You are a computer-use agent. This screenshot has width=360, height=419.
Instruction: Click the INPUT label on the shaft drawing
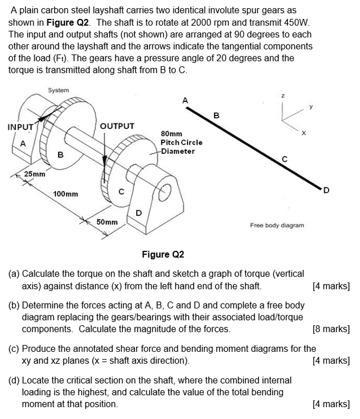20,127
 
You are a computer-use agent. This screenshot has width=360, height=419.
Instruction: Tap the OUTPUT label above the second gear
117,126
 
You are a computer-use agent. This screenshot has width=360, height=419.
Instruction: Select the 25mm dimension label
35,174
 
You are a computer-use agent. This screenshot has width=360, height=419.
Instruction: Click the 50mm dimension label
107,222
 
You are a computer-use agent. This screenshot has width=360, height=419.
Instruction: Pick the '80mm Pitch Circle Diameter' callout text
181,142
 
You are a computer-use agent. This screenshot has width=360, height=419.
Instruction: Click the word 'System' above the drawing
59,91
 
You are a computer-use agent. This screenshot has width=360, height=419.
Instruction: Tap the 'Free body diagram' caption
277,224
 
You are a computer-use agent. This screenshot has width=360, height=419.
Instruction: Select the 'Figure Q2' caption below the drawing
163,254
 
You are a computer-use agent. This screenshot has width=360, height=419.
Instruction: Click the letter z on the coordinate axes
282,95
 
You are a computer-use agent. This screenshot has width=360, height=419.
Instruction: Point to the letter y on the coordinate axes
311,107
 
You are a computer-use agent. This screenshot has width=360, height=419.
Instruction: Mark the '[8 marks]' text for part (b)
331,329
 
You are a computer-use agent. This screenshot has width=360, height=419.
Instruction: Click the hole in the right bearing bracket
167,192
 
